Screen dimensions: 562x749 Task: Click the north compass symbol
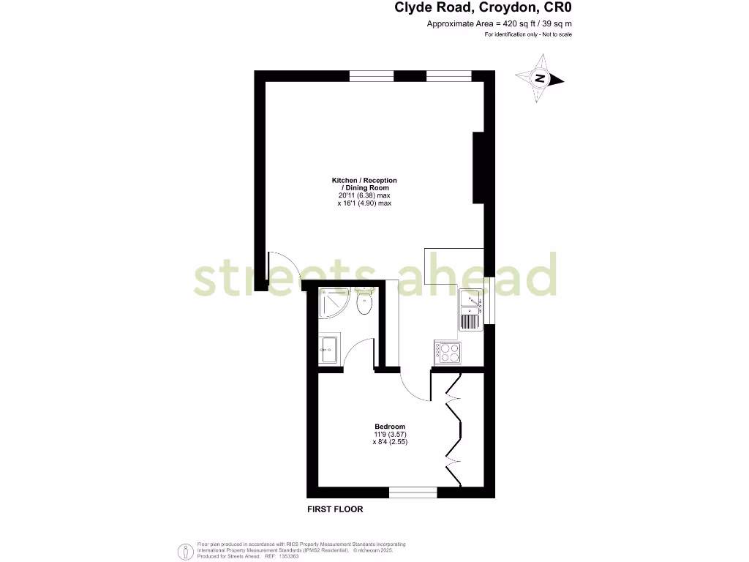click(x=539, y=80)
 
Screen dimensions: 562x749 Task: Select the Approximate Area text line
click(x=499, y=24)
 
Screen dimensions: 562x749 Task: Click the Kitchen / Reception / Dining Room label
click(x=364, y=184)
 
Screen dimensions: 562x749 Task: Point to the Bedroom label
click(x=389, y=427)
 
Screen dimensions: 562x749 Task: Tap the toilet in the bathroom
click(x=364, y=301)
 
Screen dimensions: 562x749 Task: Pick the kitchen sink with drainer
click(x=470, y=310)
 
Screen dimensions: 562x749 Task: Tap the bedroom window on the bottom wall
click(x=413, y=492)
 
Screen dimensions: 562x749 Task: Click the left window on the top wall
click(x=372, y=75)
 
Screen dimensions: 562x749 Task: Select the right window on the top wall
click(x=448, y=75)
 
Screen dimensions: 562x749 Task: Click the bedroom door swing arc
click(x=416, y=384)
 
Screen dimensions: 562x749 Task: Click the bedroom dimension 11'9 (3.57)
click(x=390, y=435)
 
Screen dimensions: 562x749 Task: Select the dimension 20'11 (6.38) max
click(x=364, y=195)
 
